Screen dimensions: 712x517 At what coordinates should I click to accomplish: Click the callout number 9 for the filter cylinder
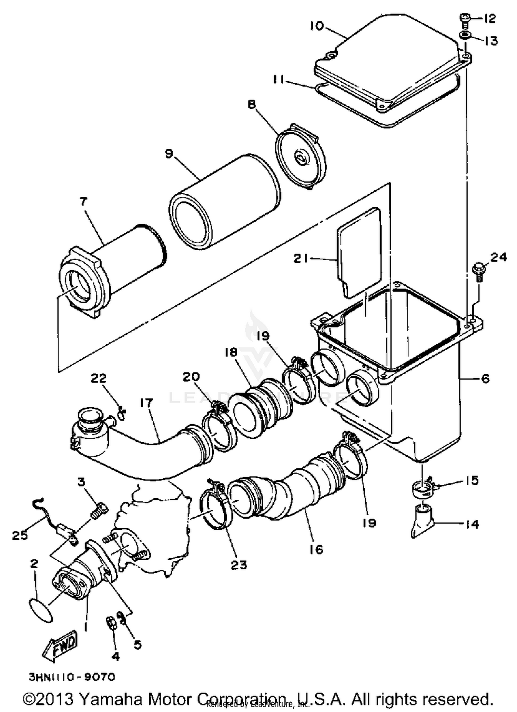pyautogui.click(x=169, y=154)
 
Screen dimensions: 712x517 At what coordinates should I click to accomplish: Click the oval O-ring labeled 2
pyautogui.click(x=41, y=610)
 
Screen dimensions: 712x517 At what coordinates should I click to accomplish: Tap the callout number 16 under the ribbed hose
pyautogui.click(x=316, y=549)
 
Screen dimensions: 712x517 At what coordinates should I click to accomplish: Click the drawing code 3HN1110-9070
pyautogui.click(x=72, y=677)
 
